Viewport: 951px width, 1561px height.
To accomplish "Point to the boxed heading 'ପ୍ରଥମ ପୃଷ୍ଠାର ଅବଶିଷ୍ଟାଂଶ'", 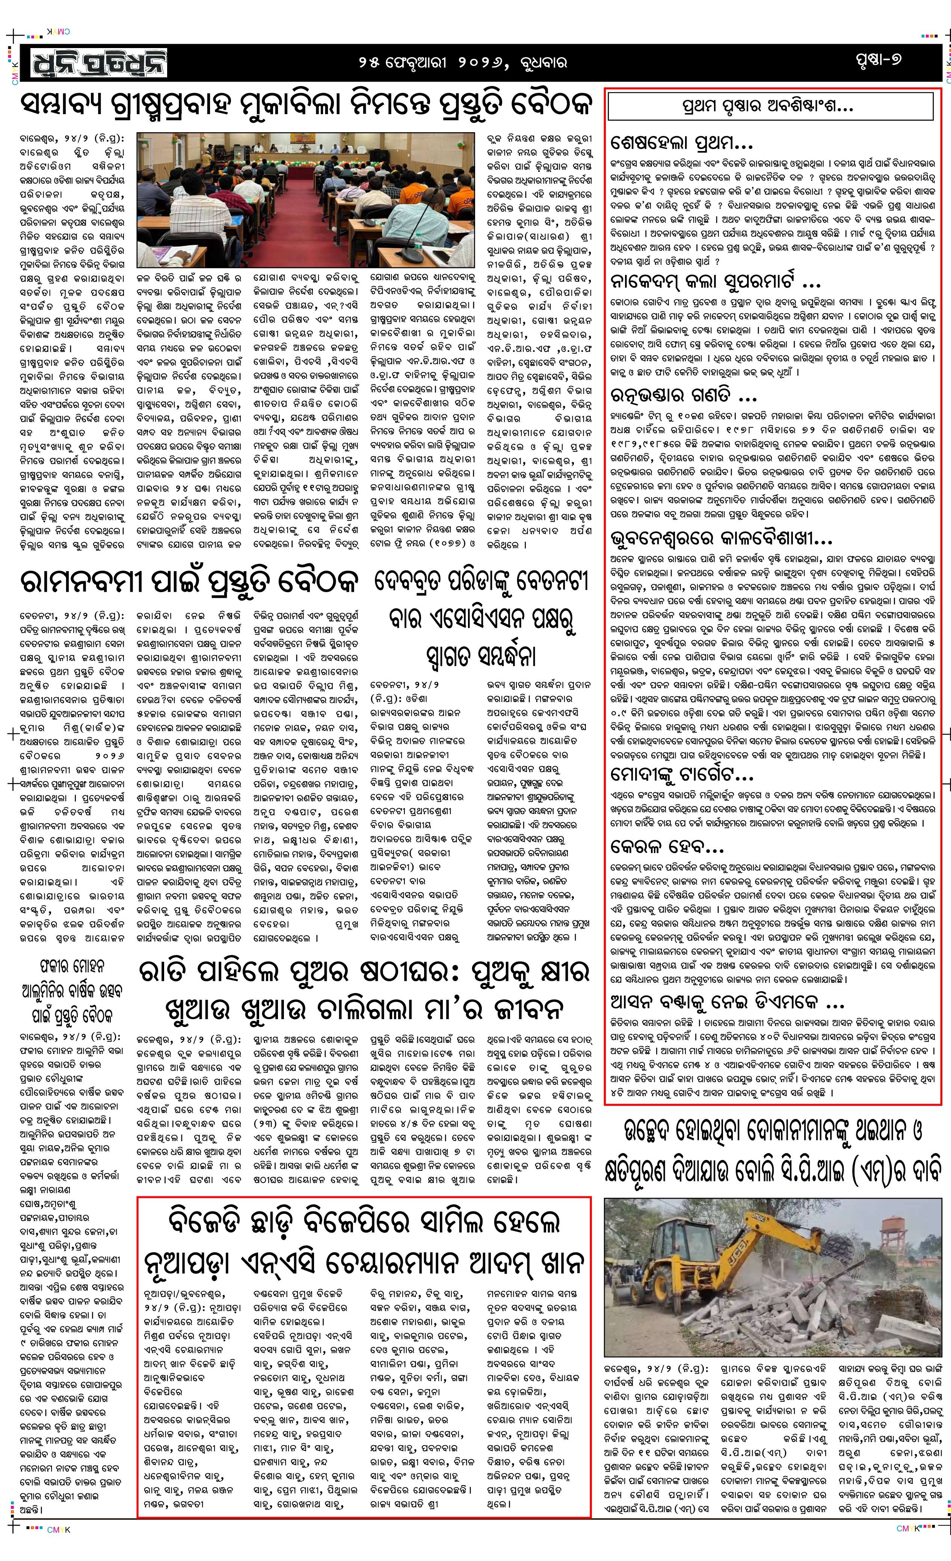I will point(770,106).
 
